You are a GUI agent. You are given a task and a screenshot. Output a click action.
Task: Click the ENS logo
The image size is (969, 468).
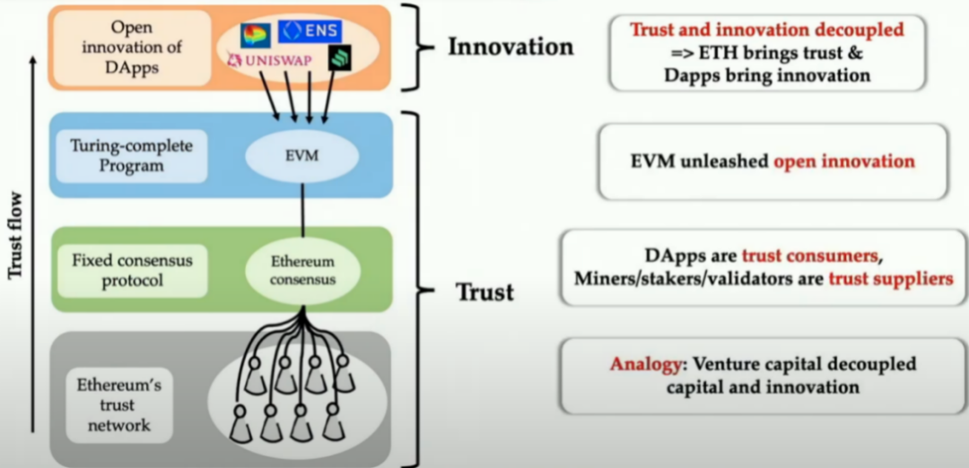[310, 31]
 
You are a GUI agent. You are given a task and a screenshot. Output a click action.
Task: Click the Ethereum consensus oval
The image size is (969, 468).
[302, 270]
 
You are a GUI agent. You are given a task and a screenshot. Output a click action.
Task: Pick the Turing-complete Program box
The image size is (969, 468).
[127, 155]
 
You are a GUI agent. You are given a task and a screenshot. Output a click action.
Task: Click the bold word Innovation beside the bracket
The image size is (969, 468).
[511, 47]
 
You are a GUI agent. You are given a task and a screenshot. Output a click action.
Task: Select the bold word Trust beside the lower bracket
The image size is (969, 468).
[484, 291]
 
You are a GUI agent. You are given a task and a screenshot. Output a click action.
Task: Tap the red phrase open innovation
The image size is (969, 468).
[843, 161]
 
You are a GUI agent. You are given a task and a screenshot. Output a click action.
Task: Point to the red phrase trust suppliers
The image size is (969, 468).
[890, 278]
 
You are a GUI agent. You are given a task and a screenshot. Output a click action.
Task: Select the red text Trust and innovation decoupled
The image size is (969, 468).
[766, 30]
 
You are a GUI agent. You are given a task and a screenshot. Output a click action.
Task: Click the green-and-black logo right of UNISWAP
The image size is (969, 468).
[340, 58]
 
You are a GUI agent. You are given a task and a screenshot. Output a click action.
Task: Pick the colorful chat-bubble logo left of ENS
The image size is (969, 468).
[256, 34]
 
